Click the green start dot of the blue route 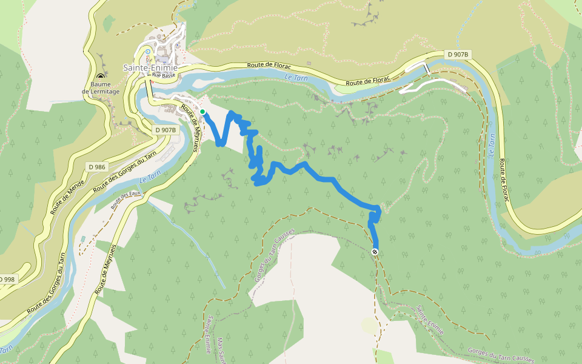click(202, 112)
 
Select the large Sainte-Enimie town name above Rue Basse click(150, 67)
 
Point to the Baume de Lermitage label click(101, 88)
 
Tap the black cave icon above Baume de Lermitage click(101, 77)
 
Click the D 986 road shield click(96, 166)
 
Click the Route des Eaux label click(125, 197)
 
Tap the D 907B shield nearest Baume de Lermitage click(165, 130)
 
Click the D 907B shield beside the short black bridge click(458, 55)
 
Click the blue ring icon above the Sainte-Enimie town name click(147, 52)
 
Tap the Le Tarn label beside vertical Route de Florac click(492, 146)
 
